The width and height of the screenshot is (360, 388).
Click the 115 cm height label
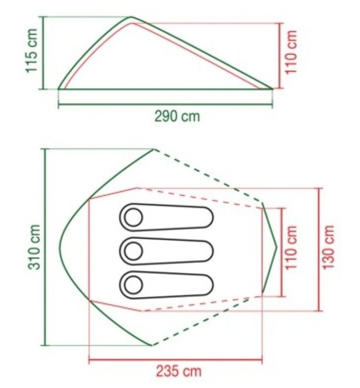point(32,51)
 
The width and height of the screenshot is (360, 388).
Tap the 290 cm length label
point(177,117)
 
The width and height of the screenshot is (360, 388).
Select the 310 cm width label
point(34,247)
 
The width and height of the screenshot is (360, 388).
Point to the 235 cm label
point(179,371)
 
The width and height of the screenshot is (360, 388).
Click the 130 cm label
point(328,247)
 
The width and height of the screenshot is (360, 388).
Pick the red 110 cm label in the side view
point(291,52)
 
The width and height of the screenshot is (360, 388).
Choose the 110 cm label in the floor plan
point(291,248)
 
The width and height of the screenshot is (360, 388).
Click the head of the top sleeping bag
point(133,217)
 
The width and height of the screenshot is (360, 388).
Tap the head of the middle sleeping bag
point(133,251)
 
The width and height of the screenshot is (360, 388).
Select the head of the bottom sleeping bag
point(133,285)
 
